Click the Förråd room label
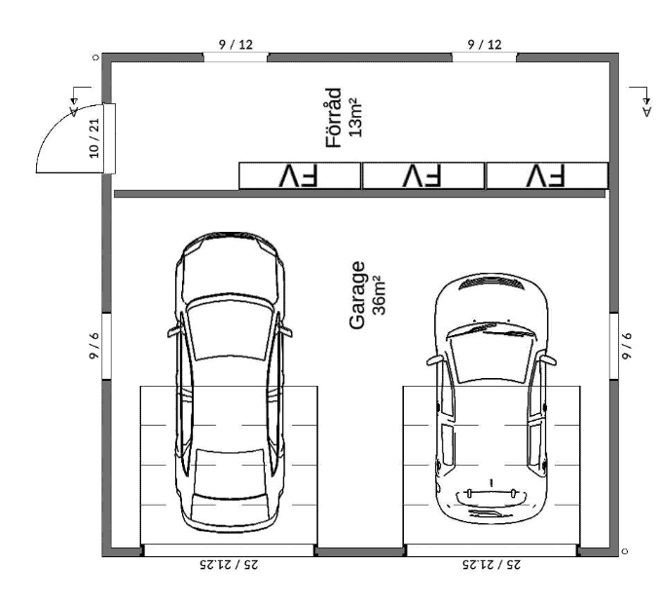point(334,118)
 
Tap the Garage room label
point(357,295)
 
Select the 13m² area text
point(355,117)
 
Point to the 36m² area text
point(379,295)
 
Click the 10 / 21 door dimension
point(94,138)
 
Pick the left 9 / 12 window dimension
point(236,44)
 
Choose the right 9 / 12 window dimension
point(485,44)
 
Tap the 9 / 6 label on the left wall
point(94,346)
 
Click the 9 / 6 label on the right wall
point(627,346)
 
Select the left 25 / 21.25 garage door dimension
point(229,564)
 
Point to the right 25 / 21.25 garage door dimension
point(492,564)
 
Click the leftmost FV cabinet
point(300,175)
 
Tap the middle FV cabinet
point(423,175)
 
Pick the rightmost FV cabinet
point(547,175)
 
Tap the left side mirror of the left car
point(174,331)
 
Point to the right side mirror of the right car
point(548,359)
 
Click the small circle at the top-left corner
point(95,57)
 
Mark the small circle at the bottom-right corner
point(625,551)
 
